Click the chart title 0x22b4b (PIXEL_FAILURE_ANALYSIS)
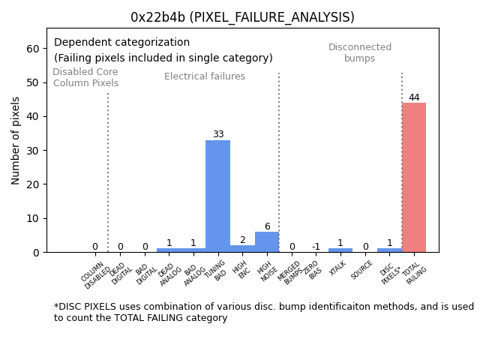pyautogui.click(x=242, y=17)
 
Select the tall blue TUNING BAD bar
pyautogui.click(x=217, y=195)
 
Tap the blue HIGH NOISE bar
pyautogui.click(x=267, y=242)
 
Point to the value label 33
pyautogui.click(x=217, y=135)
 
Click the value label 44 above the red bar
pyautogui.click(x=414, y=97)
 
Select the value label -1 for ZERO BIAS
pyautogui.click(x=316, y=247)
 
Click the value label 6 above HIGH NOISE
pyautogui.click(x=267, y=226)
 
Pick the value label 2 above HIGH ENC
pyautogui.click(x=242, y=241)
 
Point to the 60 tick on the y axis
pyautogui.click(x=33, y=49)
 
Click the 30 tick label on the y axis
pyautogui.click(x=33, y=151)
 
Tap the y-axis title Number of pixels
pyautogui.click(x=16, y=140)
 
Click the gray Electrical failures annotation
pyautogui.click(x=205, y=76)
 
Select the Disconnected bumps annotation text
pyautogui.click(x=360, y=53)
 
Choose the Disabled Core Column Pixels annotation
pyautogui.click(x=85, y=78)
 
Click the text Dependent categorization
pyautogui.click(x=121, y=43)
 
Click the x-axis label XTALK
pyautogui.click(x=338, y=268)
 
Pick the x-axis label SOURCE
pyautogui.click(x=362, y=270)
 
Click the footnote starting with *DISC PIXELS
pyautogui.click(x=263, y=312)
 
